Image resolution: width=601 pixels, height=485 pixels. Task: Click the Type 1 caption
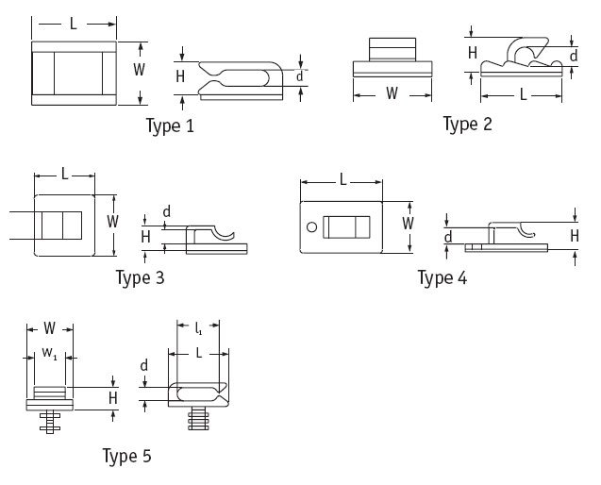click(x=171, y=125)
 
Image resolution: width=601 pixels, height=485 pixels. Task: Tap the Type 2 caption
click(x=468, y=124)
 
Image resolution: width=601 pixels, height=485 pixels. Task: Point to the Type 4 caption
click(x=442, y=277)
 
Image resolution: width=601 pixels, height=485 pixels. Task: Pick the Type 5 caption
click(x=126, y=457)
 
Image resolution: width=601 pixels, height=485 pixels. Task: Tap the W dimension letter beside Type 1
click(x=139, y=70)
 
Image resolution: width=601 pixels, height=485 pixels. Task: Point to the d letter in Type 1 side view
click(x=299, y=75)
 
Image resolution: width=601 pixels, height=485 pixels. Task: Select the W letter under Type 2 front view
click(x=392, y=93)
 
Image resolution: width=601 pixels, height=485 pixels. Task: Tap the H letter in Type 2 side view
click(x=472, y=54)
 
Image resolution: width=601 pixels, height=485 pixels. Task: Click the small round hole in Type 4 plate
click(x=311, y=226)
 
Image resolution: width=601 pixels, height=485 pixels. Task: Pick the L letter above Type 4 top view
click(x=342, y=179)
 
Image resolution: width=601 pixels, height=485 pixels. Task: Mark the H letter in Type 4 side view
click(x=575, y=234)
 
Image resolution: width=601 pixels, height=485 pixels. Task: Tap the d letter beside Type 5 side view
click(x=144, y=366)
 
